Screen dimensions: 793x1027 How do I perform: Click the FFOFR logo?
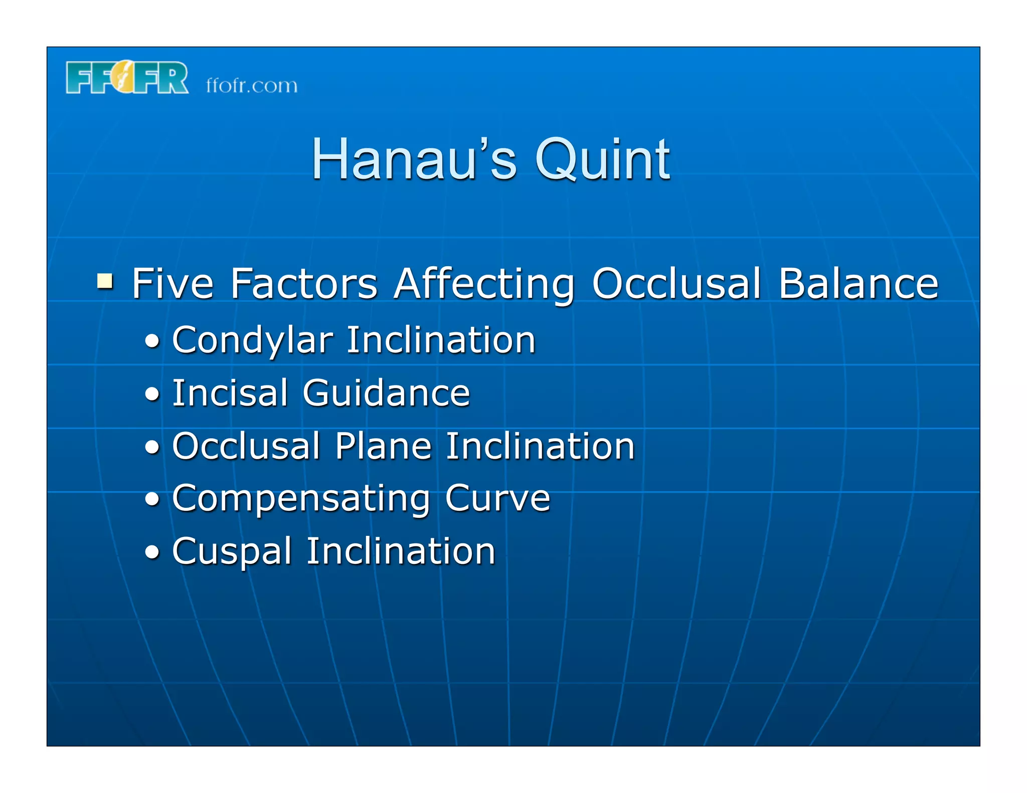tap(127, 78)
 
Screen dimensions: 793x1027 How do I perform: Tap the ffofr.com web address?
tap(251, 86)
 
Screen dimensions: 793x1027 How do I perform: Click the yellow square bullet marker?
tap(105, 281)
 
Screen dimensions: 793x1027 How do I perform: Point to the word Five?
tap(173, 284)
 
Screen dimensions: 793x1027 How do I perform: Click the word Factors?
tap(303, 284)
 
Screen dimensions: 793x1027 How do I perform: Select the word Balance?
tap(858, 284)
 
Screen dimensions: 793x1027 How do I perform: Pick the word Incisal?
tap(230, 393)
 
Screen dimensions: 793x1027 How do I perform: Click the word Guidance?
tap(386, 393)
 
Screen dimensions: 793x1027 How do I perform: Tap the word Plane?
tap(383, 446)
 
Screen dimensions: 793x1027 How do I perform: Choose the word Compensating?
tap(301, 499)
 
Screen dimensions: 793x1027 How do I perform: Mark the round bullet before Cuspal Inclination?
tap(152, 552)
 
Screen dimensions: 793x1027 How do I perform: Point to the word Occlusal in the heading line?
tap(676, 284)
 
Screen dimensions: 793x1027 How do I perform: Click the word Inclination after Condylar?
tap(441, 340)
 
